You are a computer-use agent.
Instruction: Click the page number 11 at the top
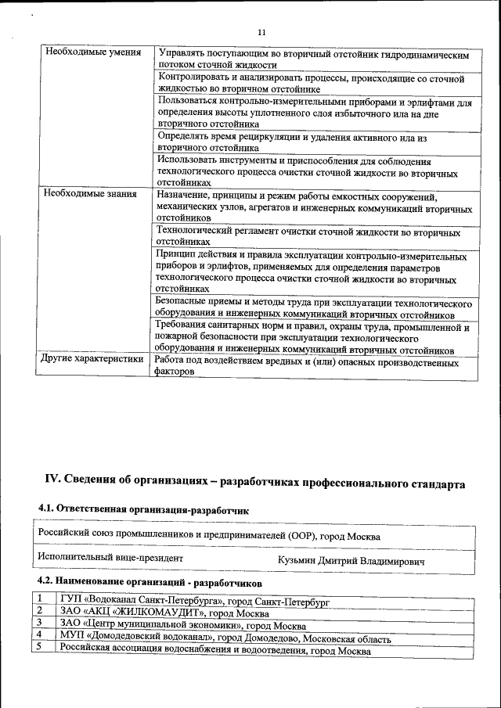click(x=261, y=32)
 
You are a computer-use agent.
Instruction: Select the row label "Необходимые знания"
click(x=91, y=193)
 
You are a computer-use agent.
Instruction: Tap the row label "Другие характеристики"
click(x=92, y=360)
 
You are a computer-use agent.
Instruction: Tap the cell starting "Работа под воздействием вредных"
click(x=306, y=367)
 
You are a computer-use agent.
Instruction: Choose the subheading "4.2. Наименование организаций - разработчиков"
click(x=150, y=583)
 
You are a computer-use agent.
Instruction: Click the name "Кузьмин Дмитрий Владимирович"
click(x=351, y=561)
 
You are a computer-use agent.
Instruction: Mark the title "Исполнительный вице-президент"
click(x=110, y=559)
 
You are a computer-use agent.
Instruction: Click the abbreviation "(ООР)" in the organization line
click(x=305, y=537)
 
